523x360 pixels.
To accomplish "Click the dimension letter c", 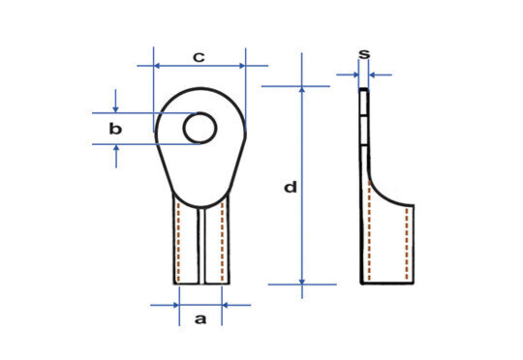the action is click(199, 57).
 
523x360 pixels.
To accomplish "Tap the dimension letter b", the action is click(115, 129).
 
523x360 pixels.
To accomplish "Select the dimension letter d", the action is click(291, 187).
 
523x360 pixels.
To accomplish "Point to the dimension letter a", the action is click(200, 319).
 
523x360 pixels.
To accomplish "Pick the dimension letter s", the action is click(364, 54).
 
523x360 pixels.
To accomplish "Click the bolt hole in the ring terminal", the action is click(200, 129).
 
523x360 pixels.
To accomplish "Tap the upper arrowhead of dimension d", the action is click(302, 89).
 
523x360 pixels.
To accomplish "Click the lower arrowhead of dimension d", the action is click(302, 282).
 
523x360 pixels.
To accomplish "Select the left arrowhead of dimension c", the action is click(157, 66).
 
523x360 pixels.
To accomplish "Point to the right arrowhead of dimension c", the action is click(242, 66).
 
